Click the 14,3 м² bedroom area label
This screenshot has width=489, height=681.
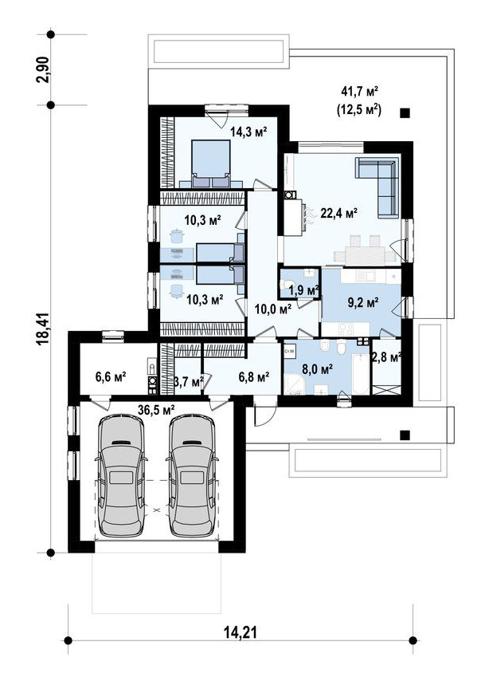point(248,132)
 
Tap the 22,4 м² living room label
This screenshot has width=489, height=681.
point(338,213)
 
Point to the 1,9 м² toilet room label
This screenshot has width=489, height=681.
point(303,290)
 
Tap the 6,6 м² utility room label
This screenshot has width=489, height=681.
point(111,376)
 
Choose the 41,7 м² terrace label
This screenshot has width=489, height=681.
point(361,91)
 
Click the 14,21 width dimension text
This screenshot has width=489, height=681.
point(241,632)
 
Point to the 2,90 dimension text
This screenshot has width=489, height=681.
point(45,69)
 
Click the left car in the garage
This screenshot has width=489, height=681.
point(120,475)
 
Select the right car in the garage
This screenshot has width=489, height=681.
point(192,475)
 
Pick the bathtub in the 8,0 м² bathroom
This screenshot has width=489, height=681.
point(360,374)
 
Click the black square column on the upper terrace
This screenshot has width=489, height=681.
point(405,113)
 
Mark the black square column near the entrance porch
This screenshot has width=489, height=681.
point(405,435)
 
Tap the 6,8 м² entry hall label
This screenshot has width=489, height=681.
point(254,377)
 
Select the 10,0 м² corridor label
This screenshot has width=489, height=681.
point(272,309)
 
